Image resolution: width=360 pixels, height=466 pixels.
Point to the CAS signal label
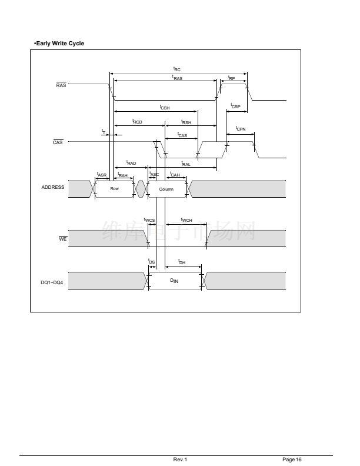(58, 142)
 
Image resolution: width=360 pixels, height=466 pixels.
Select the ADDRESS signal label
(53, 188)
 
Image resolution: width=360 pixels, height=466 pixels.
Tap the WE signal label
(62, 239)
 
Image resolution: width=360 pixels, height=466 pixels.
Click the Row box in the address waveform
(114, 189)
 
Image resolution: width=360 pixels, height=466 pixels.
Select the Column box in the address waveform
(166, 189)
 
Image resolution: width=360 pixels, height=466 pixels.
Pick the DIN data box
(174, 281)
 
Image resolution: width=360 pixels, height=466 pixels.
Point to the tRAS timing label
(177, 78)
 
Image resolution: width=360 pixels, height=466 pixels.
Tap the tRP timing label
(231, 78)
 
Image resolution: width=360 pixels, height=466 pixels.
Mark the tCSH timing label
(165, 108)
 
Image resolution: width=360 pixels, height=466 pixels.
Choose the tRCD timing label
(138, 122)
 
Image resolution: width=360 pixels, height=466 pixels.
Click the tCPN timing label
(241, 128)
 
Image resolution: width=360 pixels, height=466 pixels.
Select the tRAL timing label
(185, 164)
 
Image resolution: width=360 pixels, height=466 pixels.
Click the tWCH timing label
(186, 220)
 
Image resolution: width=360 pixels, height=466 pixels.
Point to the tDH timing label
(182, 262)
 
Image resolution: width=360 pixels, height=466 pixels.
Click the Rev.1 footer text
(180, 459)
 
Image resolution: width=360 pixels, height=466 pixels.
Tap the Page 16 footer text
(292, 459)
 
